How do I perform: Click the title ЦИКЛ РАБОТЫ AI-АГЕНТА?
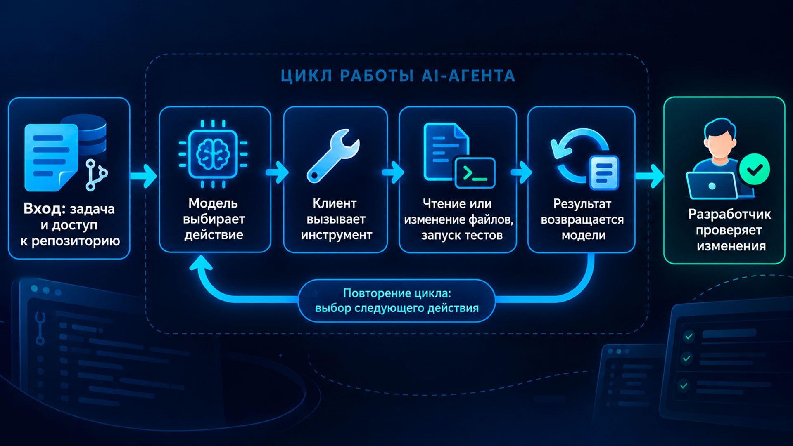398,76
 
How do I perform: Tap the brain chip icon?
213,154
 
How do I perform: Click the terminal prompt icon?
475,173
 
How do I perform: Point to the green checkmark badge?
754,169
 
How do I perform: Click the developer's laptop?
712,186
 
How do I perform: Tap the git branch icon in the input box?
96,175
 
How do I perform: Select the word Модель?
213,203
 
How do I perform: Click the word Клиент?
335,203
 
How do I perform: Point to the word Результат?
582,204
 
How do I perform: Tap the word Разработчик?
729,214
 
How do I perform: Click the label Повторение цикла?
397,293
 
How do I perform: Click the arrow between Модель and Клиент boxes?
277,172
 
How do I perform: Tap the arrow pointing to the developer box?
650,176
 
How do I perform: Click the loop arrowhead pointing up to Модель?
201,263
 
